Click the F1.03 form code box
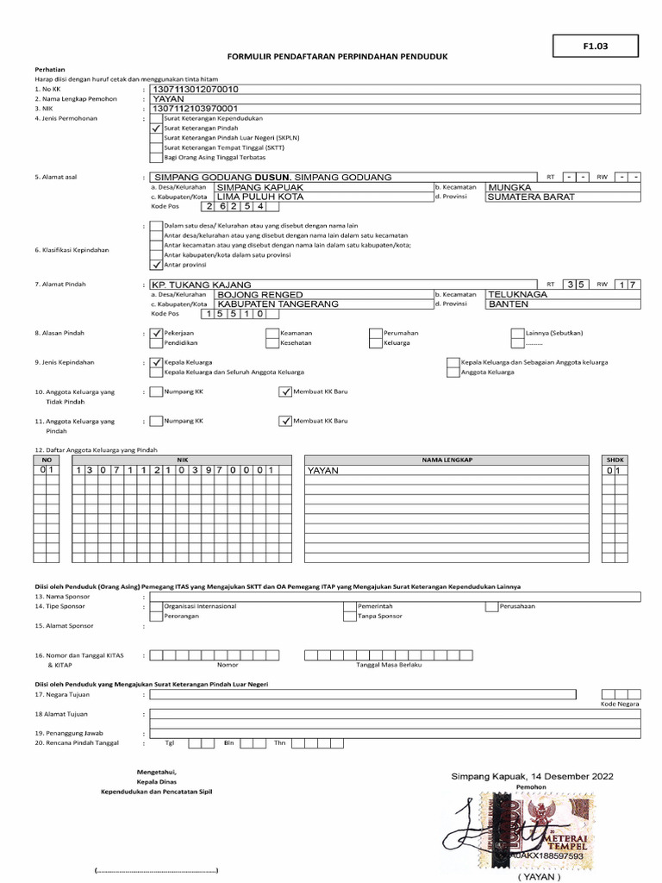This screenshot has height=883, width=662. [x=595, y=47]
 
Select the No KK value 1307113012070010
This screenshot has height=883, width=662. [x=196, y=89]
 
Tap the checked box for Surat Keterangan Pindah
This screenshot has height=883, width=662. [x=155, y=128]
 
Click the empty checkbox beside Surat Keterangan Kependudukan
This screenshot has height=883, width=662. [x=155, y=117]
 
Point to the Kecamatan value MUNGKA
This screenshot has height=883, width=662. [x=510, y=186]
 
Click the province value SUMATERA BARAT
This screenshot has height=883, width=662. [x=531, y=197]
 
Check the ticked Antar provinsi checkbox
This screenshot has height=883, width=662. [x=155, y=265]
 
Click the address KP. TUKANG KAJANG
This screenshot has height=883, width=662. [x=202, y=285]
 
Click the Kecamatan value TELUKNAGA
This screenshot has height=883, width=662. [x=517, y=294]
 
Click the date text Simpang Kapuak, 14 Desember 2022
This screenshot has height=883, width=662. [x=532, y=777]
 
